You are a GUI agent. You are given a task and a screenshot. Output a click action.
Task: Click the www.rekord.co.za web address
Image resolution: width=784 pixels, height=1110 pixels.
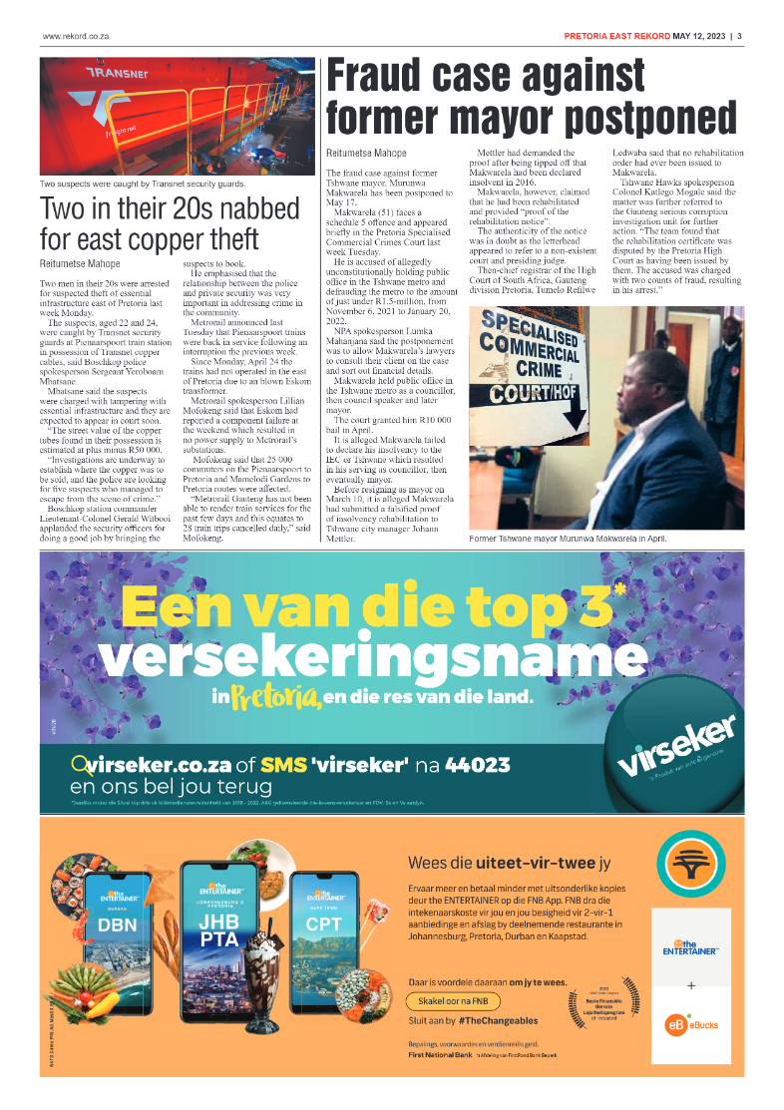tap(75, 37)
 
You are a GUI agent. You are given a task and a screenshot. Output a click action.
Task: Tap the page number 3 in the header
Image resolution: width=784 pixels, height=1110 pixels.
tap(740, 37)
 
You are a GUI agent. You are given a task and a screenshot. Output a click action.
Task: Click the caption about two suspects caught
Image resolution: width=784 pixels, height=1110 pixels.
tap(143, 185)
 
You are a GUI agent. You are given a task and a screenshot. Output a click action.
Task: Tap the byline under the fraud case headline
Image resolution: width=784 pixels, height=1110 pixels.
tap(366, 154)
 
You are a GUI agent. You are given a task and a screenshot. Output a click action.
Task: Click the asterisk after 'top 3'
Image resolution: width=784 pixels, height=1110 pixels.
tap(619, 591)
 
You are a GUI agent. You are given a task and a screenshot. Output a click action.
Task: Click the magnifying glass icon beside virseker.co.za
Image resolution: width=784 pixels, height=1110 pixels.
tap(80, 766)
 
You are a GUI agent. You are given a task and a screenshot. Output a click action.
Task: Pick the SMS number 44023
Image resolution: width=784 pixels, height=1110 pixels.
tap(477, 766)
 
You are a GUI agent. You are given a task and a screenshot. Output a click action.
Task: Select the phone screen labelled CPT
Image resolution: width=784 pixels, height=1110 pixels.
tap(324, 933)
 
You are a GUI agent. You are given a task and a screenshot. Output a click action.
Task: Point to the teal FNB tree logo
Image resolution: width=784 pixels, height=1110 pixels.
tap(690, 866)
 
